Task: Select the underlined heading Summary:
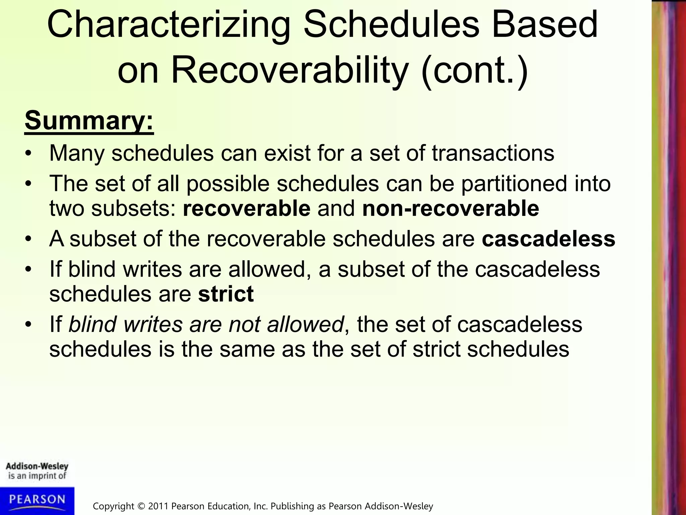tap(89, 121)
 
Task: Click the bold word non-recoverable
tap(451, 208)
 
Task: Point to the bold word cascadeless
tap(548, 239)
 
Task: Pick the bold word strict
tap(226, 294)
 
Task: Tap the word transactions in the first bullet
tap(493, 153)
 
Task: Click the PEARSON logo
tap(37, 500)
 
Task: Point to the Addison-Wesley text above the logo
tap(37, 466)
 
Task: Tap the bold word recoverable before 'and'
tap(247, 208)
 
